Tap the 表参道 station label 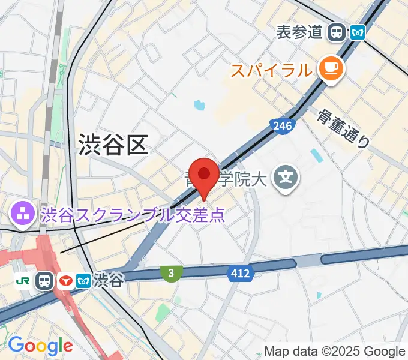click(299, 32)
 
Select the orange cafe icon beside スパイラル click(330, 69)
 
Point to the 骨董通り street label click(344, 128)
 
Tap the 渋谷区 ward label click(113, 144)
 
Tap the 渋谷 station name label click(109, 280)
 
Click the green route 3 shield click(171, 274)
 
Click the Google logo click(40, 345)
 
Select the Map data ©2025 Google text click(335, 352)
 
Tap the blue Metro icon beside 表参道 click(358, 32)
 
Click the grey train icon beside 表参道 click(338, 32)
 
